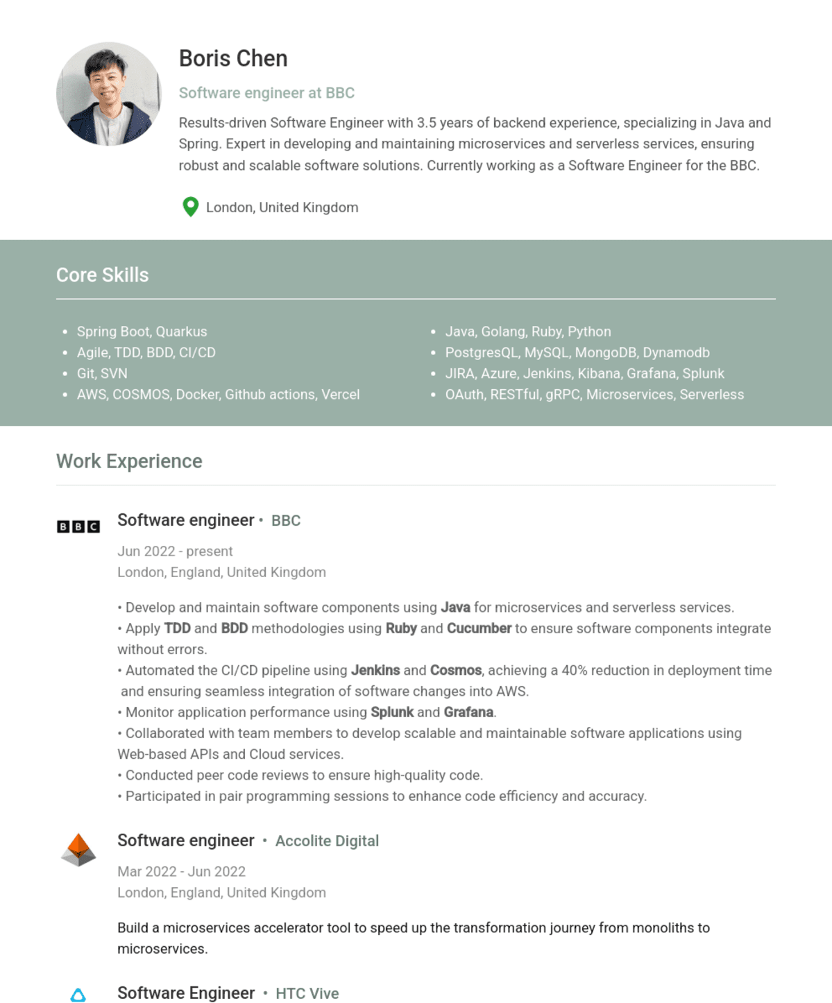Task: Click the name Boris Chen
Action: [233, 59]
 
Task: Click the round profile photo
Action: [108, 94]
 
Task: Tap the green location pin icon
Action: [190, 207]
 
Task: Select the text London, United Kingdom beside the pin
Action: [282, 207]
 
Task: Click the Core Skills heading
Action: [102, 275]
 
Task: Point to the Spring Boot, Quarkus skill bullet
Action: [142, 332]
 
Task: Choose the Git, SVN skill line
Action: [102, 373]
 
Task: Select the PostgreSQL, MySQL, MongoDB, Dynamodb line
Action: [577, 352]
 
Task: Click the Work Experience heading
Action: [129, 461]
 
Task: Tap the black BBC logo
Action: [78, 526]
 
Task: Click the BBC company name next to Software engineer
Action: [286, 521]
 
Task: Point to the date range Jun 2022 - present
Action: [175, 551]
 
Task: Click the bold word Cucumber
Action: [479, 628]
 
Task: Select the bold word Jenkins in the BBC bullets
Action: [375, 671]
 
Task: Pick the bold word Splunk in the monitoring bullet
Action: [392, 712]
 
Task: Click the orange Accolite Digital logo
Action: [78, 849]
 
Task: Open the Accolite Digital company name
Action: [327, 841]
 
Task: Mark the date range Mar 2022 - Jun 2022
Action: [181, 872]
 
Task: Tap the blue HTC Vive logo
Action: [78, 995]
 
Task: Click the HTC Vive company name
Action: [307, 994]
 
